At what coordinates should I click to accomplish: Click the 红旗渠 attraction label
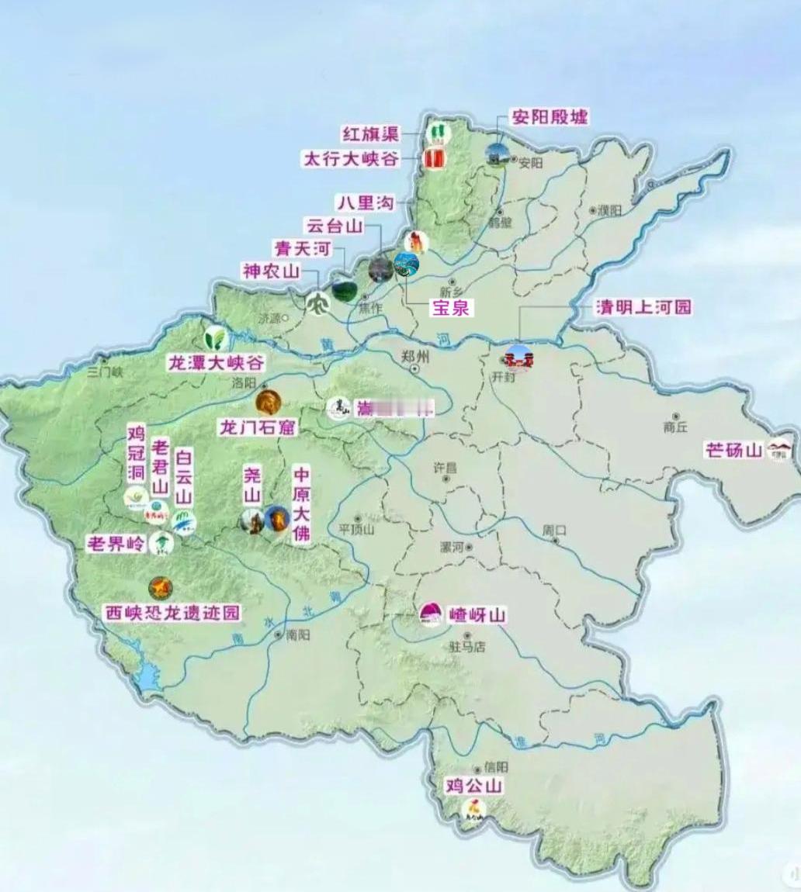click(369, 133)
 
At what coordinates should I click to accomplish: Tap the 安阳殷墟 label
click(549, 117)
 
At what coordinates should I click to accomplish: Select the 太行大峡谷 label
click(351, 160)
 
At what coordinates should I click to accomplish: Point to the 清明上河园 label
click(643, 307)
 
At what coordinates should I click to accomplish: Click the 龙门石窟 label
click(256, 427)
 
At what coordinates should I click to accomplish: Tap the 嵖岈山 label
click(477, 616)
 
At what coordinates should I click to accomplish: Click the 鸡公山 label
click(473, 786)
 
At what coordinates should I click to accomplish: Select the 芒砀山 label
click(733, 450)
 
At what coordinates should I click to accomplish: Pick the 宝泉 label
click(450, 307)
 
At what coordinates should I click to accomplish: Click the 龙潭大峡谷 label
click(217, 362)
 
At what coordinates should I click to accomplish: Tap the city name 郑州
click(416, 356)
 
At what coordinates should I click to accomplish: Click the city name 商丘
click(675, 427)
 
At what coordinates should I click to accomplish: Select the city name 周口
click(554, 531)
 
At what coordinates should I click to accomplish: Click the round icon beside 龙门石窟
click(268, 402)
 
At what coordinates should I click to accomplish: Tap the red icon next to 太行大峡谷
click(433, 159)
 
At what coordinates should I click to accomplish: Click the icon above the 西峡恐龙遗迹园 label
click(161, 588)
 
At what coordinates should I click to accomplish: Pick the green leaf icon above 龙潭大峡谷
click(215, 337)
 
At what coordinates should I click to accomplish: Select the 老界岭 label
click(116, 544)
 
